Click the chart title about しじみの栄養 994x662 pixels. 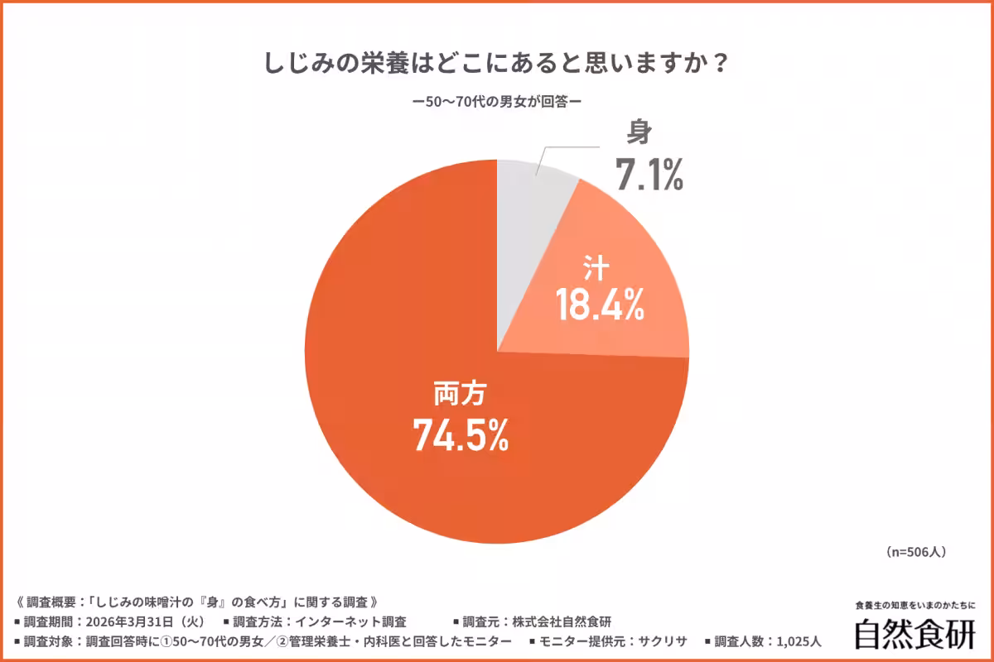coord(496,64)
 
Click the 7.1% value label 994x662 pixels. coord(649,174)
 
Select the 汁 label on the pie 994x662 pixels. coord(596,268)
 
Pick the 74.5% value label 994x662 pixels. coord(461,436)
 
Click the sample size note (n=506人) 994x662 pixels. coord(915,551)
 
